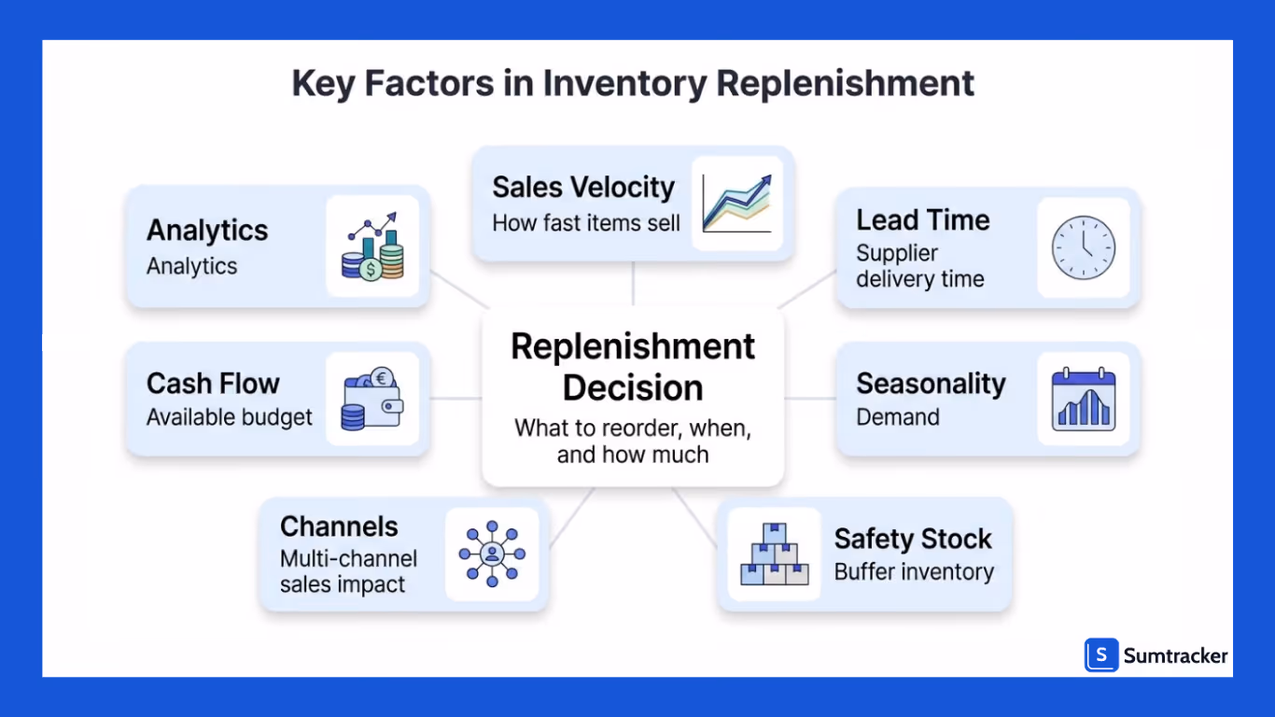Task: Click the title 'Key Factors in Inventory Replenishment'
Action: (x=633, y=83)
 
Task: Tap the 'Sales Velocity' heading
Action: (x=583, y=187)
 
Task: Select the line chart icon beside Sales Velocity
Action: (x=736, y=204)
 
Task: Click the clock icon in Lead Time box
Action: (x=1083, y=248)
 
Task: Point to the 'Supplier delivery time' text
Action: (x=919, y=266)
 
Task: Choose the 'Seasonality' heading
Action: (x=931, y=384)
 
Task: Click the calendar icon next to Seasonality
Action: (x=1083, y=400)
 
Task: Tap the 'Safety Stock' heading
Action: (x=913, y=539)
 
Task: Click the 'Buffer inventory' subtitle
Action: (x=914, y=572)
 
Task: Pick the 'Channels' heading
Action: (x=339, y=527)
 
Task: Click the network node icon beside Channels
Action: (x=492, y=555)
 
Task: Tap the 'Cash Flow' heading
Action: (x=213, y=384)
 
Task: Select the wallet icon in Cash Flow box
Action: (x=371, y=400)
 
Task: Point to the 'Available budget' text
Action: (x=230, y=417)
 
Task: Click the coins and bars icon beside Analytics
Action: (x=371, y=247)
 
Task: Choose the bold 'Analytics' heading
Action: (x=207, y=231)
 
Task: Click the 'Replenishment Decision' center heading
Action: (x=633, y=366)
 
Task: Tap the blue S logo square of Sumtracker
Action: (x=1101, y=655)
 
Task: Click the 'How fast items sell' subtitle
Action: (x=586, y=223)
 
